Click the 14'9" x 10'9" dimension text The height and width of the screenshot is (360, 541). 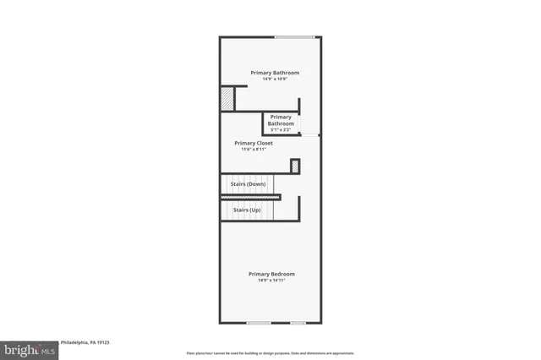click(274, 79)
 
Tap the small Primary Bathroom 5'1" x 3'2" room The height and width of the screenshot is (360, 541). click(281, 123)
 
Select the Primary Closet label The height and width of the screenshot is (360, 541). click(254, 143)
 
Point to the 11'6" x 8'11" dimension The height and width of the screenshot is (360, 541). click(254, 150)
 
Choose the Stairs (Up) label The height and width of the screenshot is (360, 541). click(241, 210)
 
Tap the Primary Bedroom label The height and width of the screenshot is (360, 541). click(271, 274)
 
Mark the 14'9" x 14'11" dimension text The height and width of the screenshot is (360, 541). click(271, 281)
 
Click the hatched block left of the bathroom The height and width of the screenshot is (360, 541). click(227, 99)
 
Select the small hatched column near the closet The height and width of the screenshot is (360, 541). click(295, 166)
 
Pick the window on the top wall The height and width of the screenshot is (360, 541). click(295, 36)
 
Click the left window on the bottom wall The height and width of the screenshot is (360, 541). click(259, 323)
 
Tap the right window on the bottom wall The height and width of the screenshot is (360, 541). click(298, 323)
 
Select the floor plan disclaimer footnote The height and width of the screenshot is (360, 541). click(270, 353)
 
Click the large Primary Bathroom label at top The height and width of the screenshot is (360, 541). click(274, 73)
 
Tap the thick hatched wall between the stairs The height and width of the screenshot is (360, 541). click(250, 197)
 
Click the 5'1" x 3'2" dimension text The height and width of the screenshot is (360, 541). click(281, 130)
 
